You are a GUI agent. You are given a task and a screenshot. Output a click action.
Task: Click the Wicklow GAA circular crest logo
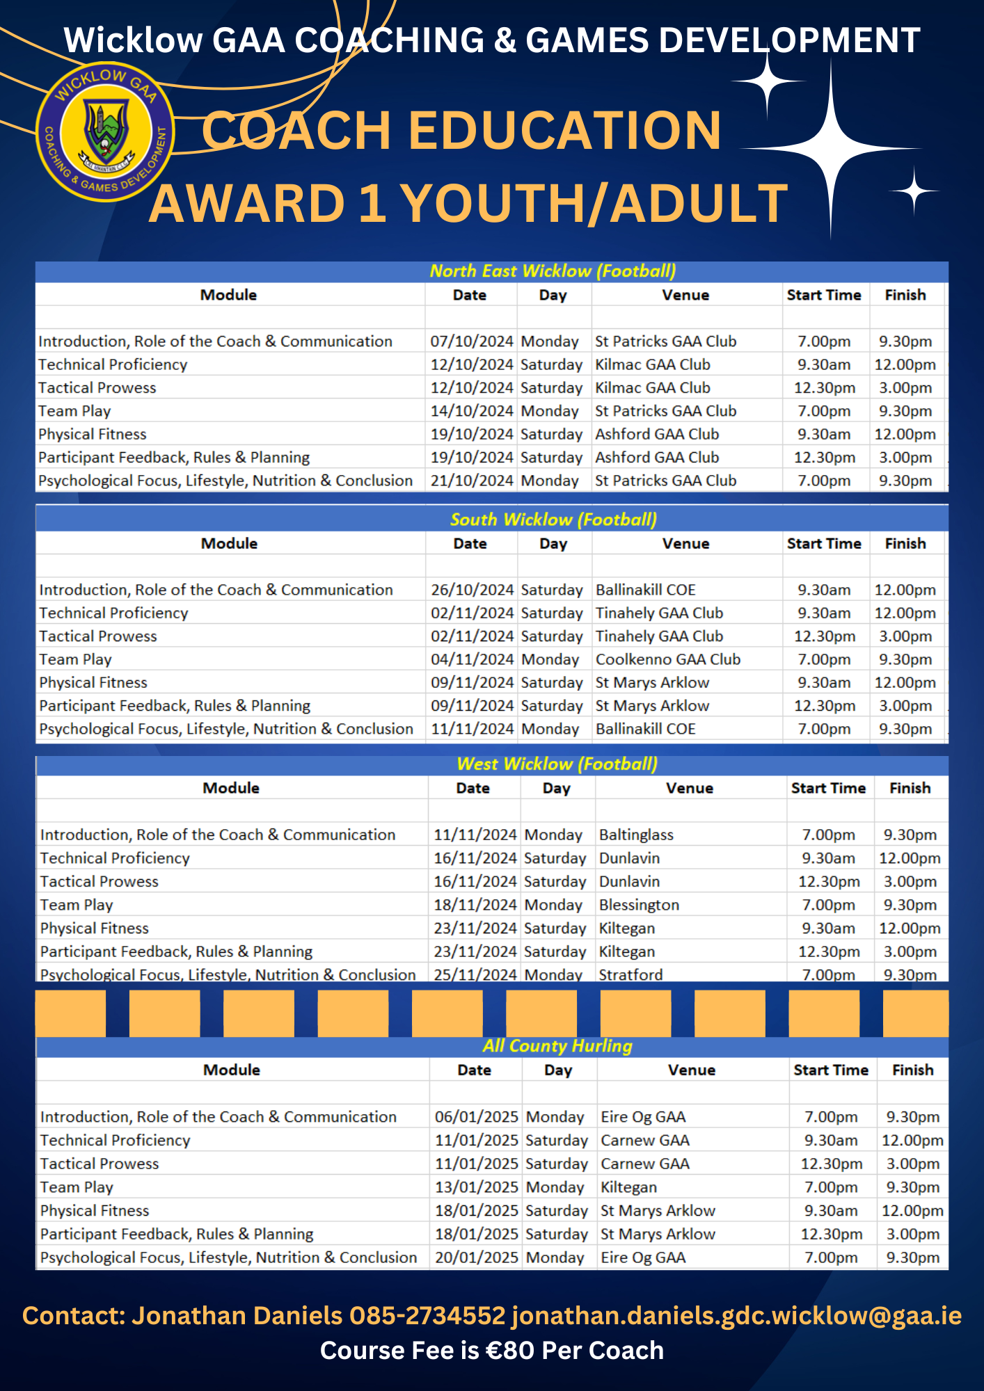[x=104, y=132]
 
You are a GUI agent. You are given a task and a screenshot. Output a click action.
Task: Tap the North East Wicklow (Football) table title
[x=553, y=271]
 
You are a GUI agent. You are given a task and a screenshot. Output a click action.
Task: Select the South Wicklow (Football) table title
[x=553, y=520]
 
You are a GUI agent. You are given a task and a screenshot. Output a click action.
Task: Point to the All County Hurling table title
[x=557, y=1046]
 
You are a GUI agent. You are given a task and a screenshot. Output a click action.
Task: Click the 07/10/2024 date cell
[x=472, y=341]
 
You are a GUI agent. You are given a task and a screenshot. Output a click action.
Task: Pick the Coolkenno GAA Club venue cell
[x=667, y=659]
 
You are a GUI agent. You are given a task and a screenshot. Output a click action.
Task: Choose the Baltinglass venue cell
[x=636, y=835]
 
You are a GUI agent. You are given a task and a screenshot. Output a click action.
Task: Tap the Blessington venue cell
[x=639, y=905]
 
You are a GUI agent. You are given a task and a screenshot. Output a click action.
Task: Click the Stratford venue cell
[x=630, y=974]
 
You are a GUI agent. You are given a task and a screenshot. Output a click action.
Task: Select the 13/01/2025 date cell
[x=477, y=1187]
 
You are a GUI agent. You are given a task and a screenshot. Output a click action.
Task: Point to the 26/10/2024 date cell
[x=472, y=590]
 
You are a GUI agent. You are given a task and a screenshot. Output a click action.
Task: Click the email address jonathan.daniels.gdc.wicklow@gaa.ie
[x=736, y=1316]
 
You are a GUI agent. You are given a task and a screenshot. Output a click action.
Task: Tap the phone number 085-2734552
[x=427, y=1316]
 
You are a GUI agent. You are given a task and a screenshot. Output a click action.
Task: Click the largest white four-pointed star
[x=831, y=149]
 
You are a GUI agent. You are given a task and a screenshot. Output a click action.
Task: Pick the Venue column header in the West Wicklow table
[x=689, y=788]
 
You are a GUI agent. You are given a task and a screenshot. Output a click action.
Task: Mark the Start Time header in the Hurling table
[x=831, y=1070]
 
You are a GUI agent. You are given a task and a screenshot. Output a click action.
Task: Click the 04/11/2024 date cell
[x=472, y=659]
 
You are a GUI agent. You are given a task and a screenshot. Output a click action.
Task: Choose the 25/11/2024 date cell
[x=475, y=974]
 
